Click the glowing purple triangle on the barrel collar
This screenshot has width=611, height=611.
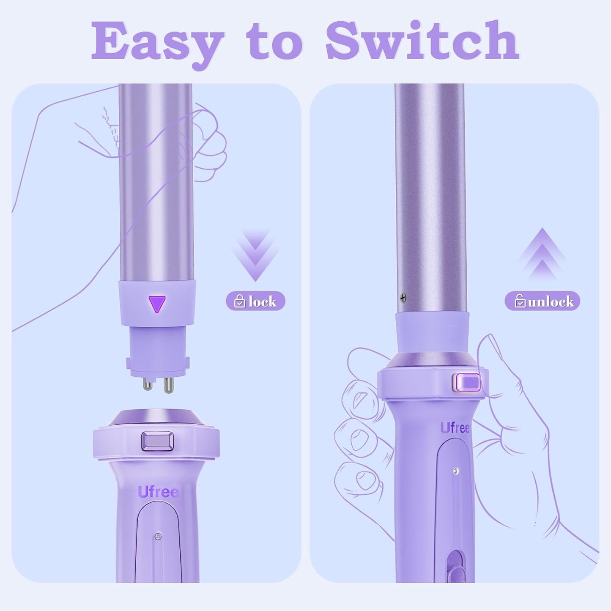point(157,304)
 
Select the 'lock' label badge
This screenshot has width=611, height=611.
point(255,301)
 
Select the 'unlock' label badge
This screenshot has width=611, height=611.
point(542,301)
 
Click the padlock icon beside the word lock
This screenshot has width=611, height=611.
point(240,301)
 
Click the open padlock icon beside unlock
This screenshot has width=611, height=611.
point(520,301)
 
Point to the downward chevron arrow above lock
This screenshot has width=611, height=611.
point(255,255)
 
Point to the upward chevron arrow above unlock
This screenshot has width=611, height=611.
point(542,254)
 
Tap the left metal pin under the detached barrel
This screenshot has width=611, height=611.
point(148,384)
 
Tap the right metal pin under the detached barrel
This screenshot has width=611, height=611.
point(168,385)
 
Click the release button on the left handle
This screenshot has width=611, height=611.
point(157,441)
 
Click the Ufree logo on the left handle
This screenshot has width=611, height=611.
point(158,492)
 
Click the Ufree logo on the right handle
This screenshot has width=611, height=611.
point(455,428)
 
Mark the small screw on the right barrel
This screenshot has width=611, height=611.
point(403,298)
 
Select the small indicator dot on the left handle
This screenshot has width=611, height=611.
point(158,537)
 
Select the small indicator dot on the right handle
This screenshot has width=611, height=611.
point(456,471)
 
